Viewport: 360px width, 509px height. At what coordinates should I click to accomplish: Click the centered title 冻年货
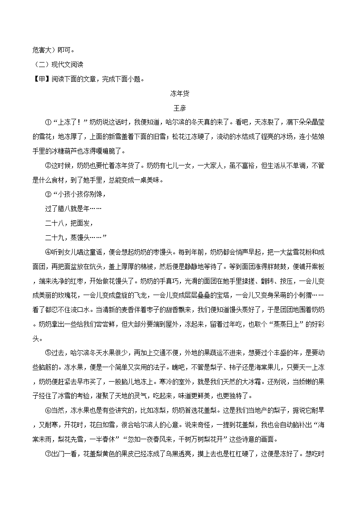click(x=180, y=94)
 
